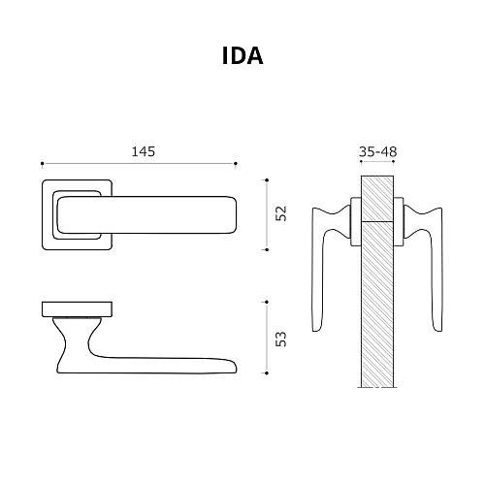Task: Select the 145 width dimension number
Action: click(x=143, y=150)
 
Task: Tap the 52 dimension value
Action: click(x=281, y=213)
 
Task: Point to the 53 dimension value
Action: click(x=281, y=338)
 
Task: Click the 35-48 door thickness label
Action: click(x=377, y=151)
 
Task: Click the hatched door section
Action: click(x=377, y=291)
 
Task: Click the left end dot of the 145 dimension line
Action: click(x=42, y=163)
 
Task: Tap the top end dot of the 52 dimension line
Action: click(x=267, y=179)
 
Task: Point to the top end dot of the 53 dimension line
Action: click(x=267, y=303)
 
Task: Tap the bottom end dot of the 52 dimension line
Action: click(x=267, y=249)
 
